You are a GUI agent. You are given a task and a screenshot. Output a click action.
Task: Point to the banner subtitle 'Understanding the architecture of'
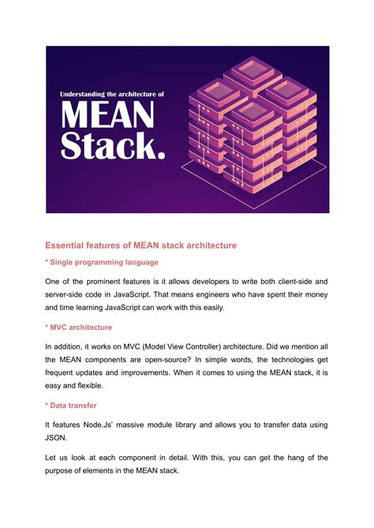[x=112, y=94]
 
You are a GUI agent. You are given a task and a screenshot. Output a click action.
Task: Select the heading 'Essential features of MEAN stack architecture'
[x=140, y=245]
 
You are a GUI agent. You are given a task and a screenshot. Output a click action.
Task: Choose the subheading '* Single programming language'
[x=101, y=262]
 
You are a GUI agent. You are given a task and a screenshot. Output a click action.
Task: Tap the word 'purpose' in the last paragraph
[x=64, y=471]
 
